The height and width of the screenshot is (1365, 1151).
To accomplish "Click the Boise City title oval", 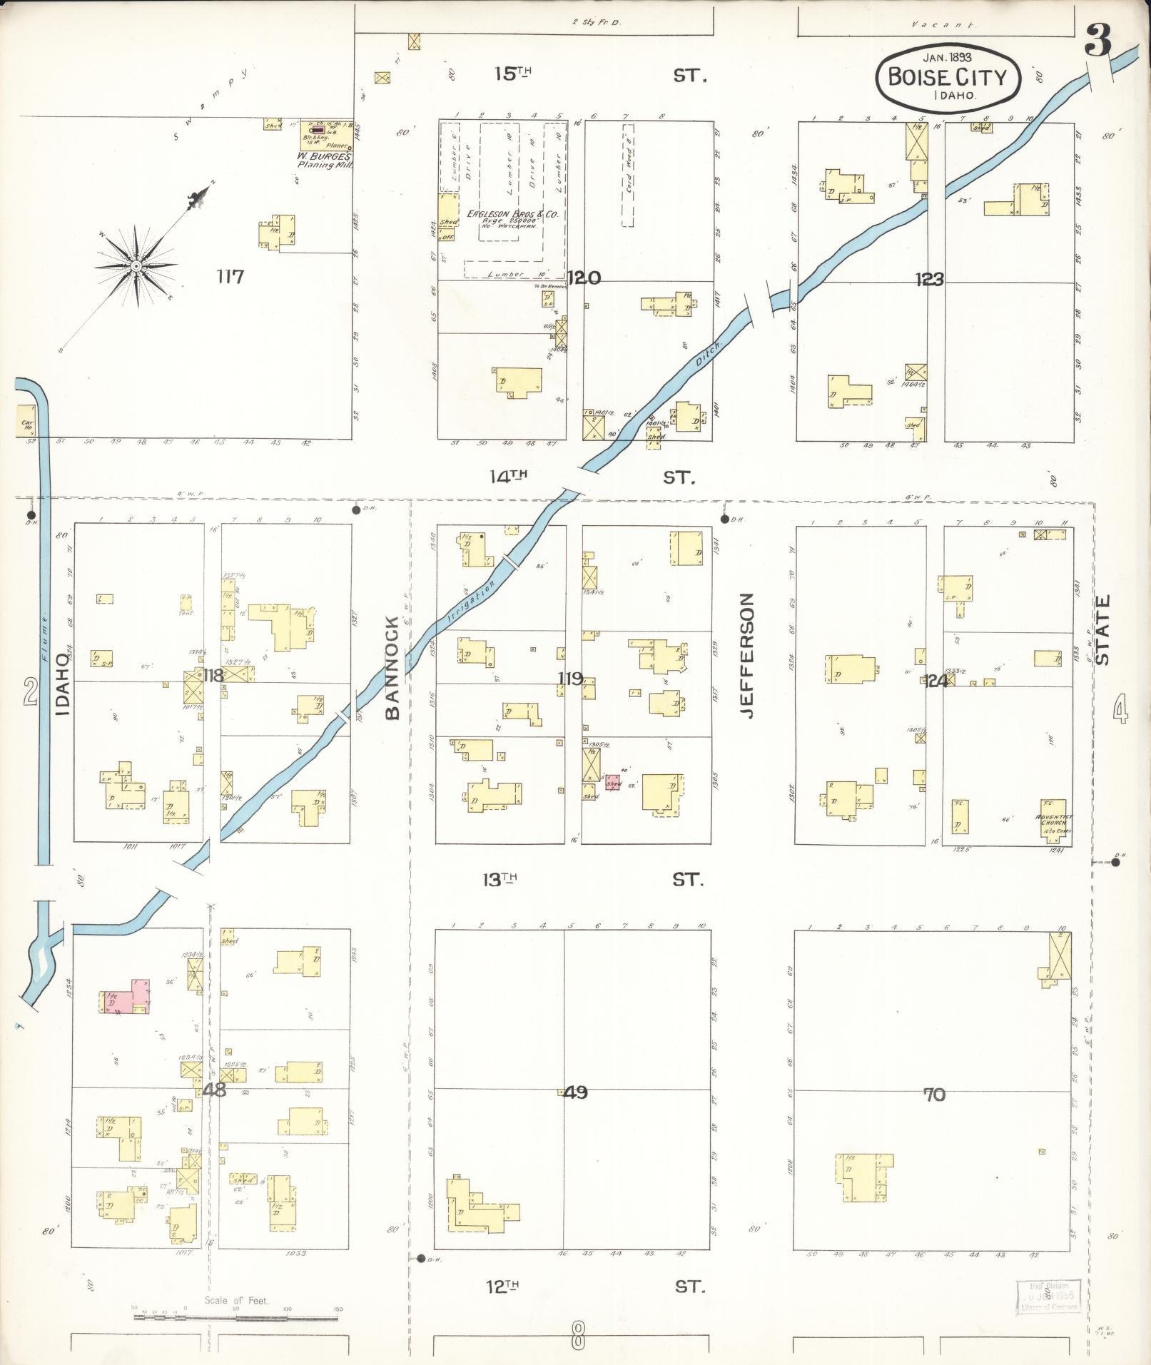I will tap(948, 76).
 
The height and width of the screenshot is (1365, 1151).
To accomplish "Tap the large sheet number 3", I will tap(1097, 41).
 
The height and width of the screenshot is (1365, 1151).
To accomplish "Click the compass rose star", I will tap(135, 266).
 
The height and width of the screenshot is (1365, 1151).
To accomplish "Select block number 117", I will tap(230, 276).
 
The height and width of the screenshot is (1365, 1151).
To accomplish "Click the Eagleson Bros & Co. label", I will tap(511, 214).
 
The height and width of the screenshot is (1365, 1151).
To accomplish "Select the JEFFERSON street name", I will tap(747, 654).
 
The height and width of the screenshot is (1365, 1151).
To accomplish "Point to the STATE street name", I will tap(1103, 630).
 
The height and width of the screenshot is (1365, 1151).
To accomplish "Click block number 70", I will tap(934, 1094).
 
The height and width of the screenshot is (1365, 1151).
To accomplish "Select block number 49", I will tap(575, 1092).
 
